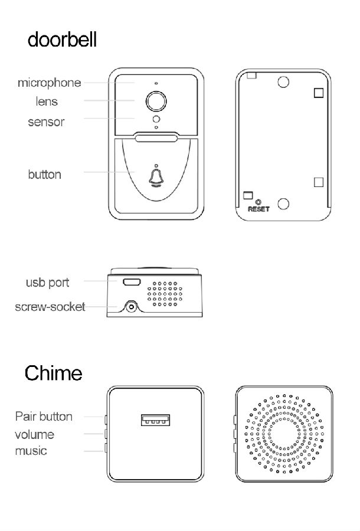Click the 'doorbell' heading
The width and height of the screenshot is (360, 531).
click(62, 40)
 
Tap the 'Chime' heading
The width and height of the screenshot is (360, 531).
click(53, 373)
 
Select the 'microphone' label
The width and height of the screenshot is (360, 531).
click(49, 83)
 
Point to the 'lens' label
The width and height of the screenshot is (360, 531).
click(47, 101)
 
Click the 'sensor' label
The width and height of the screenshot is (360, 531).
click(46, 122)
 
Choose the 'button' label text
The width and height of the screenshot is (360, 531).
click(44, 175)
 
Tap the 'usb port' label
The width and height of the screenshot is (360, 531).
click(47, 283)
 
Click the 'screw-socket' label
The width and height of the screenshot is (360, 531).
click(50, 307)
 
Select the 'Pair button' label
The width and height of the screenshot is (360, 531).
click(44, 417)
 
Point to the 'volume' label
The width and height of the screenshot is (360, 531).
click(34, 435)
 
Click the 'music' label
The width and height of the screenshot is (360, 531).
click(31, 451)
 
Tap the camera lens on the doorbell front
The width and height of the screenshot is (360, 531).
click(156, 101)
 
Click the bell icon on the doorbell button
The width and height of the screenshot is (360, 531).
click(156, 177)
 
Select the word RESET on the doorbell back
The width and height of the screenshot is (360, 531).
click(258, 209)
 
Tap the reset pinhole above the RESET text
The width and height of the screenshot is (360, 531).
click(258, 201)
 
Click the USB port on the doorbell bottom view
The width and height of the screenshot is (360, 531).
click(132, 281)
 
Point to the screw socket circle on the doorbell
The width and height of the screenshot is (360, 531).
click(130, 307)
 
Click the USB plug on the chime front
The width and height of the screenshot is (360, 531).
click(155, 421)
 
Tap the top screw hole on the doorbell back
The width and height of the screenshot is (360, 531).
click(283, 82)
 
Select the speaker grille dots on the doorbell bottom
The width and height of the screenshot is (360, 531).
click(165, 293)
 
